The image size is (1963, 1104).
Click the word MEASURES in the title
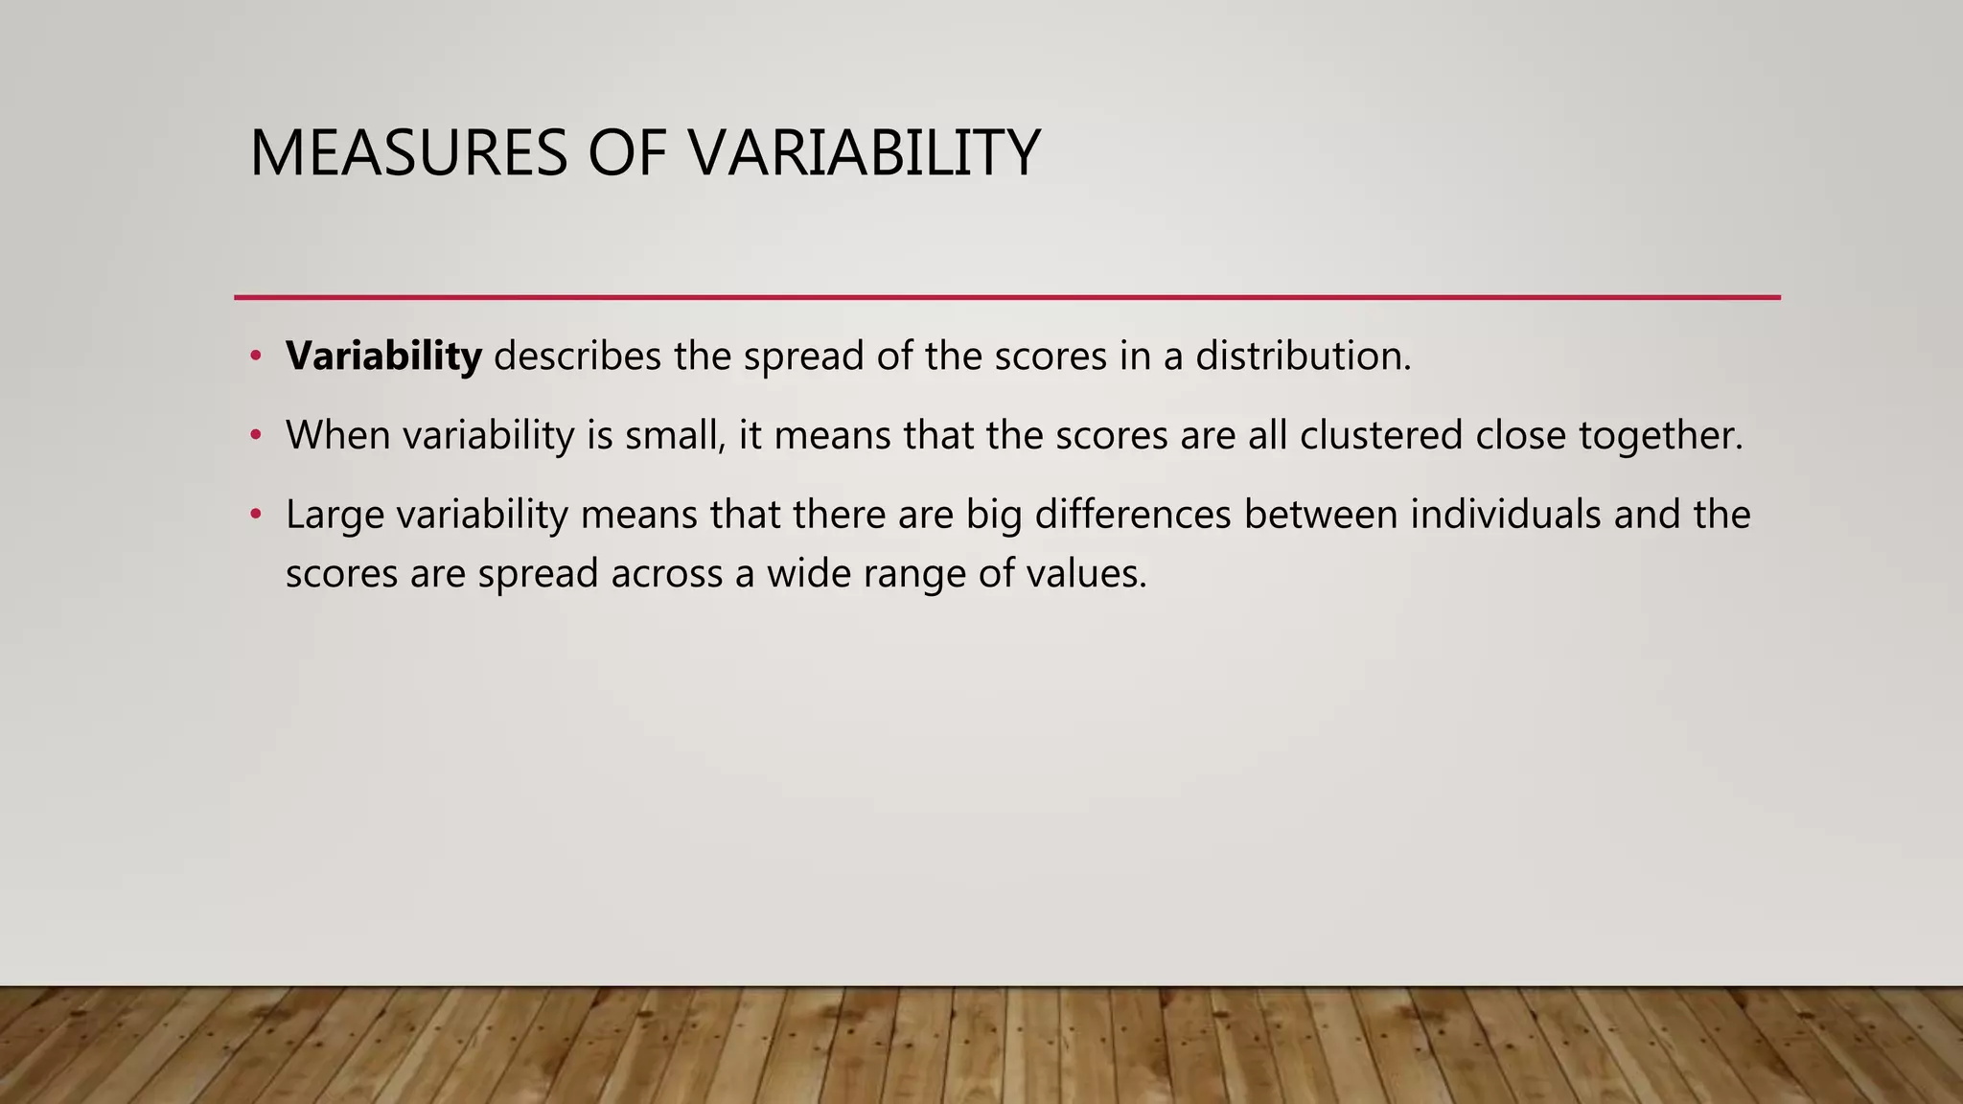[408, 153]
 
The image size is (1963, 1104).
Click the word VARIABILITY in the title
[864, 153]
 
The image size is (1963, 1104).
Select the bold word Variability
[383, 356]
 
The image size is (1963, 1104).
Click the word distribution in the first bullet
[1303, 356]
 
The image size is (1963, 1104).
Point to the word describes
[577, 356]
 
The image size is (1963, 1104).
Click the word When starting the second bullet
[337, 436]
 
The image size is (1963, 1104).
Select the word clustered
[1381, 436]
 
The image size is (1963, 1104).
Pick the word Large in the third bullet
[335, 517]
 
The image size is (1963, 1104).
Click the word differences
[1133, 515]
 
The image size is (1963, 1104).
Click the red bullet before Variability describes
[255, 356]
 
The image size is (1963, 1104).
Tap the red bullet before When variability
[255, 436]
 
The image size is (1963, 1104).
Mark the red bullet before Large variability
[255, 516]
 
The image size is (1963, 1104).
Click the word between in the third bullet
[1320, 515]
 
